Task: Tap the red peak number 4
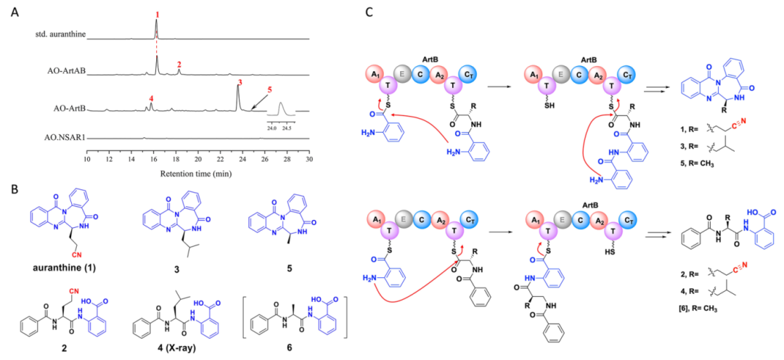[x=150, y=98]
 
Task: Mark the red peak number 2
[x=179, y=65]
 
